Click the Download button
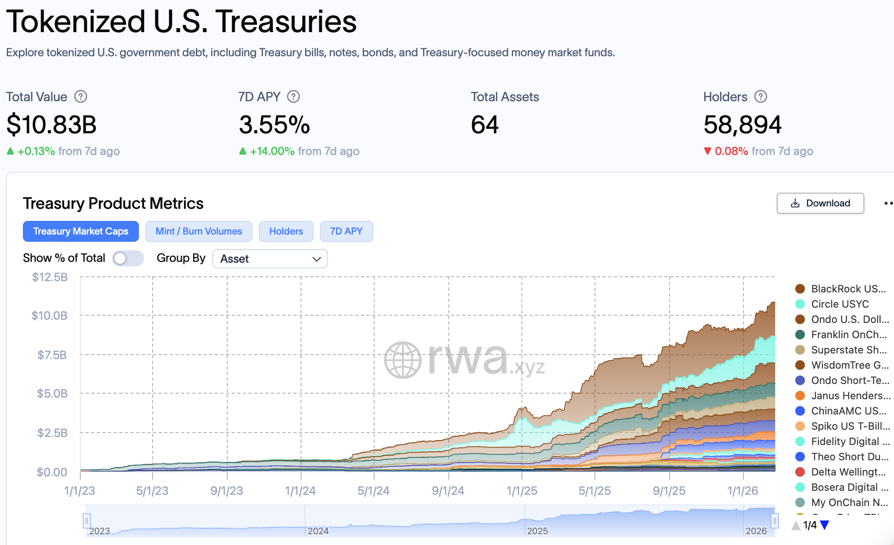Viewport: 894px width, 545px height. (820, 203)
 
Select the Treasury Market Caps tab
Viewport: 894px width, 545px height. (81, 231)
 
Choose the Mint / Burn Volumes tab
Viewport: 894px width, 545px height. (199, 231)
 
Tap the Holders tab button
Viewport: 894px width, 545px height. (286, 231)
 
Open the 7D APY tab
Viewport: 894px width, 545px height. (346, 231)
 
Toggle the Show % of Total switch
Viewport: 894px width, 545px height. (128, 258)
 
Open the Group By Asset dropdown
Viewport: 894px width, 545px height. (270, 259)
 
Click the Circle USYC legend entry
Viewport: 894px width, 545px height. (839, 304)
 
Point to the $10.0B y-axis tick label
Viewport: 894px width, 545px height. (50, 316)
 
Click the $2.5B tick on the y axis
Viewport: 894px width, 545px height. (52, 433)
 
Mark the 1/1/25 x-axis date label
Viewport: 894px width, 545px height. (521, 491)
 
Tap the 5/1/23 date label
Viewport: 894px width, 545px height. (152, 491)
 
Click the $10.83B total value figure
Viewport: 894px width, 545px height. (51, 125)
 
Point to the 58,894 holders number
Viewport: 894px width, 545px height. (742, 125)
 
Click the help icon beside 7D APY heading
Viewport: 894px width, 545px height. (293, 97)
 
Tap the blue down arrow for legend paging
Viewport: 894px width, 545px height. (825, 525)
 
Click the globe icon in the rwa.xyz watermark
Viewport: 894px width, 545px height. (403, 360)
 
